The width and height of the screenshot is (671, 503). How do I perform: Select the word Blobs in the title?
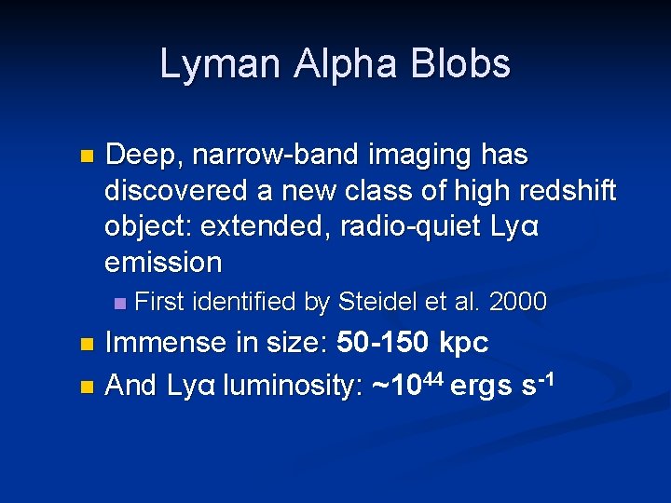463,64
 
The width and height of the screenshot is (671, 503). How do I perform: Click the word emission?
163,263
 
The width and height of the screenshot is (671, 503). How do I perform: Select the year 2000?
517,302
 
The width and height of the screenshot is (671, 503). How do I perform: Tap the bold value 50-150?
381,343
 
